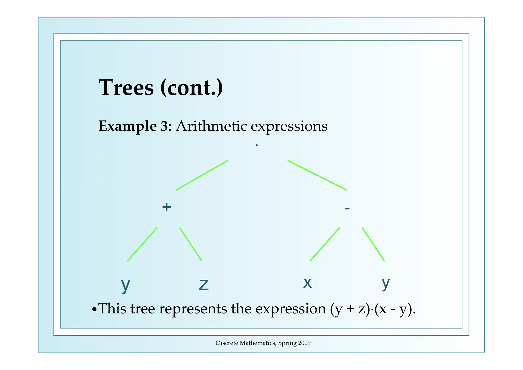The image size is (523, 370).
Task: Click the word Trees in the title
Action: (x=126, y=88)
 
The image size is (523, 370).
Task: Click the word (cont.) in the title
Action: (x=192, y=88)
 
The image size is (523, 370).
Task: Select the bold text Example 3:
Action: (x=135, y=126)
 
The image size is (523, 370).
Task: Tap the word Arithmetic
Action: (x=211, y=126)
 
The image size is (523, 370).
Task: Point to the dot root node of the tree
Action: (x=257, y=145)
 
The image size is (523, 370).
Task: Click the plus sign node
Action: (x=167, y=207)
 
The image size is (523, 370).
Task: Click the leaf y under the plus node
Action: (x=125, y=285)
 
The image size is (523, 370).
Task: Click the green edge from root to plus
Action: (x=202, y=175)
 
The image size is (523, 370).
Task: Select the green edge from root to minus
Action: (x=317, y=175)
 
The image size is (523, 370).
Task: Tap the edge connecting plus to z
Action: (x=191, y=244)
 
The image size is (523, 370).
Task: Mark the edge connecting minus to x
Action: (x=325, y=244)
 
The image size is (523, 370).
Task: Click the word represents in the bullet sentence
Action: (x=193, y=309)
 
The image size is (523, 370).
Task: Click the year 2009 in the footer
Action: (x=304, y=343)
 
